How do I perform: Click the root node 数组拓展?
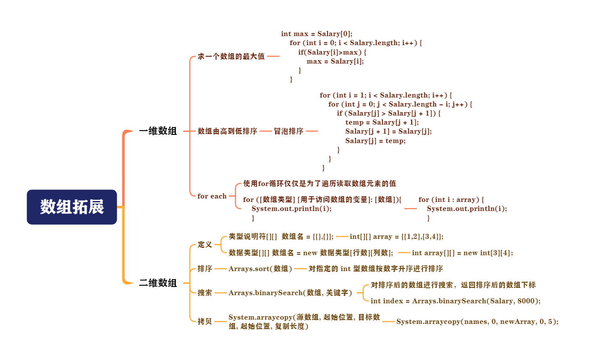pos(72,207)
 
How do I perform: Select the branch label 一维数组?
pos(158,131)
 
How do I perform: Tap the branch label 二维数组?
pos(158,283)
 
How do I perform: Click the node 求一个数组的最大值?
pos(231,56)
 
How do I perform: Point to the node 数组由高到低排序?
pos(227,131)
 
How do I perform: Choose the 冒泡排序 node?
pos(288,131)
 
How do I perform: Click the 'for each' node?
pos(212,196)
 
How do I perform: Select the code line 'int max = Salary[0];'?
pos(316,34)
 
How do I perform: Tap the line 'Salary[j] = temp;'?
pos(375,140)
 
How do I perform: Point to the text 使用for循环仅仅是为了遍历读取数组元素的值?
pos(319,183)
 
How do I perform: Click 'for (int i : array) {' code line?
pos(451,200)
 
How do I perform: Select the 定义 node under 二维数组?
pos(205,245)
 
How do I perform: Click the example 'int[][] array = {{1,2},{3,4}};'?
pos(397,237)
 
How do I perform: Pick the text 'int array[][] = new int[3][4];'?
pos(462,253)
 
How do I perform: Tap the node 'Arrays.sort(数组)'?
pos(260,269)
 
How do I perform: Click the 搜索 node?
pos(205,293)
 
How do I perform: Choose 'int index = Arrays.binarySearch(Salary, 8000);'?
pos(455,301)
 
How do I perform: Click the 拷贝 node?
pos(205,322)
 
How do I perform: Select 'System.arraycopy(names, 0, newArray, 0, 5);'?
pos(477,322)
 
